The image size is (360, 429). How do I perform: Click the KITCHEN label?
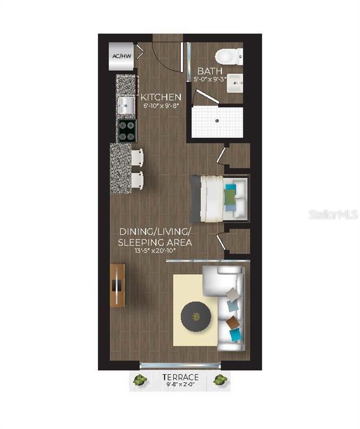[160, 97]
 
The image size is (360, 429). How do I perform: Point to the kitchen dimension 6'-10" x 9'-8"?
[160, 106]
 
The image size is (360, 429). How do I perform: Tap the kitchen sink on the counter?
[126, 103]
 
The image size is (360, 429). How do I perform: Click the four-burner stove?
[127, 131]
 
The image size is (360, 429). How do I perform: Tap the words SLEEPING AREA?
[155, 242]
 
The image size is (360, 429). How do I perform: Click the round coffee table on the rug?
[196, 317]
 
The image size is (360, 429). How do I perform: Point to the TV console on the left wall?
[118, 285]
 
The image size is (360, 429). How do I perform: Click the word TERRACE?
[180, 377]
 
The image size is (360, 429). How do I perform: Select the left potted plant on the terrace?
[140, 381]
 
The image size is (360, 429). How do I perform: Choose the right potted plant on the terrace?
[220, 381]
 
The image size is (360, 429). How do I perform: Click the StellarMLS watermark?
[333, 214]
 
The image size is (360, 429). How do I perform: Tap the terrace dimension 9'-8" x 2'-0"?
[180, 385]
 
